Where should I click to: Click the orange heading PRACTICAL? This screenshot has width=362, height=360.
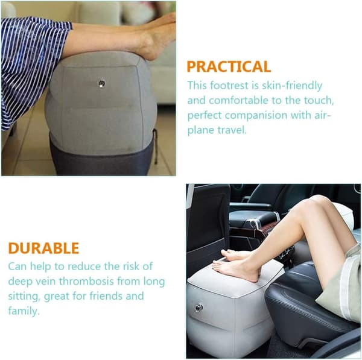[x=229, y=66]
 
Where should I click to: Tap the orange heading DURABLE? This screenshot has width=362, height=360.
[x=43, y=248]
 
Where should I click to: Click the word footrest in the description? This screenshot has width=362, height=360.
[x=229, y=86]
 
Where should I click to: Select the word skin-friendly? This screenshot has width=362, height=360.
[x=292, y=86]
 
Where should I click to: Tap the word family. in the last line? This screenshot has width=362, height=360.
[x=24, y=311]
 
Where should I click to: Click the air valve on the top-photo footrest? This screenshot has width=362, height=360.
[x=101, y=83]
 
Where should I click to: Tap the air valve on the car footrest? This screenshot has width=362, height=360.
[x=198, y=308]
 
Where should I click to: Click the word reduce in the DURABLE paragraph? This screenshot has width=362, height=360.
[x=84, y=267]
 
